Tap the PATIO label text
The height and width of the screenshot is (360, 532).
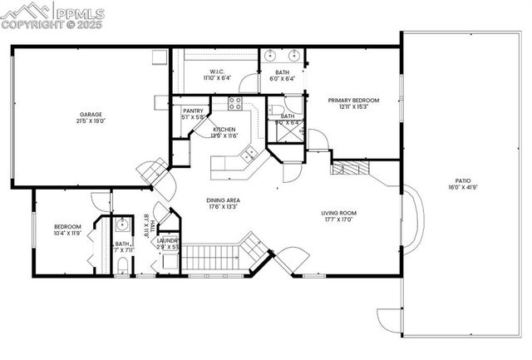pyautogui.click(x=462, y=180)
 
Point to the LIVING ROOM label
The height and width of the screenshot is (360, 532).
pyautogui.click(x=339, y=214)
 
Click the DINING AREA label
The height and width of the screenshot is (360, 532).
pyautogui.click(x=224, y=200)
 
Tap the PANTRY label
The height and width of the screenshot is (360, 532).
pyautogui.click(x=193, y=111)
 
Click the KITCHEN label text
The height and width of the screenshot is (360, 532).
pyautogui.click(x=224, y=130)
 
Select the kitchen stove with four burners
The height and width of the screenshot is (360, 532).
pyautogui.click(x=235, y=103)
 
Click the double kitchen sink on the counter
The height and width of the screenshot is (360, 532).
pyautogui.click(x=247, y=153)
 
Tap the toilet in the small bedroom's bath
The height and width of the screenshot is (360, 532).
pyautogui.click(x=123, y=264)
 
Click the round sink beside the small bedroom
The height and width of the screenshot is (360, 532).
pyautogui.click(x=122, y=224)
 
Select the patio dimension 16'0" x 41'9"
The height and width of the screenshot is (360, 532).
pyautogui.click(x=462, y=187)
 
